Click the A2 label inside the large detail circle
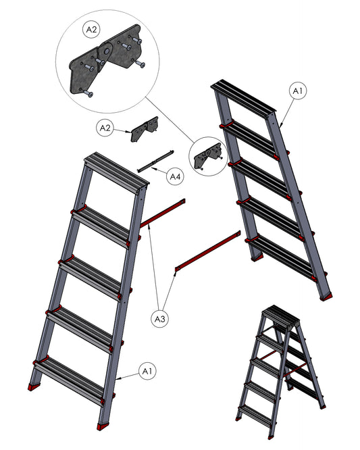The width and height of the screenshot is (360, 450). click(x=91, y=29)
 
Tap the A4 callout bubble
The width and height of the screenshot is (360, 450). click(x=175, y=177)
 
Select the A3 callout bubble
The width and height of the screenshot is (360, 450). click(x=160, y=319)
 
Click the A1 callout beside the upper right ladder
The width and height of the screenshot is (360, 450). click(x=297, y=91)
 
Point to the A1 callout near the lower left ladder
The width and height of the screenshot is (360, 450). click(x=147, y=372)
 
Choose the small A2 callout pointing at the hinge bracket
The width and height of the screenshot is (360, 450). click(x=105, y=128)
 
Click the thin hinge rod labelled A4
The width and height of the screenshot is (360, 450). click(x=156, y=161)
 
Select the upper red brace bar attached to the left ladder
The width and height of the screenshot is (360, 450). click(x=162, y=214)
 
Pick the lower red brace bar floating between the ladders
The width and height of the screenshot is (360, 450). click(x=208, y=251)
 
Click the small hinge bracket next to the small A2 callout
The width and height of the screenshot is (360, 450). click(x=145, y=129)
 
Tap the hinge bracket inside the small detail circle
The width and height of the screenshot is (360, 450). click(x=208, y=155)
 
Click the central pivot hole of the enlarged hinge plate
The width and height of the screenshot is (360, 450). click(x=107, y=51)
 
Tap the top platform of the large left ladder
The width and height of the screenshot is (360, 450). click(x=117, y=170)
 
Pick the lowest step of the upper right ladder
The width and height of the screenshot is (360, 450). click(x=285, y=257)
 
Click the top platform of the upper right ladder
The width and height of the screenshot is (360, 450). click(x=243, y=97)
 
